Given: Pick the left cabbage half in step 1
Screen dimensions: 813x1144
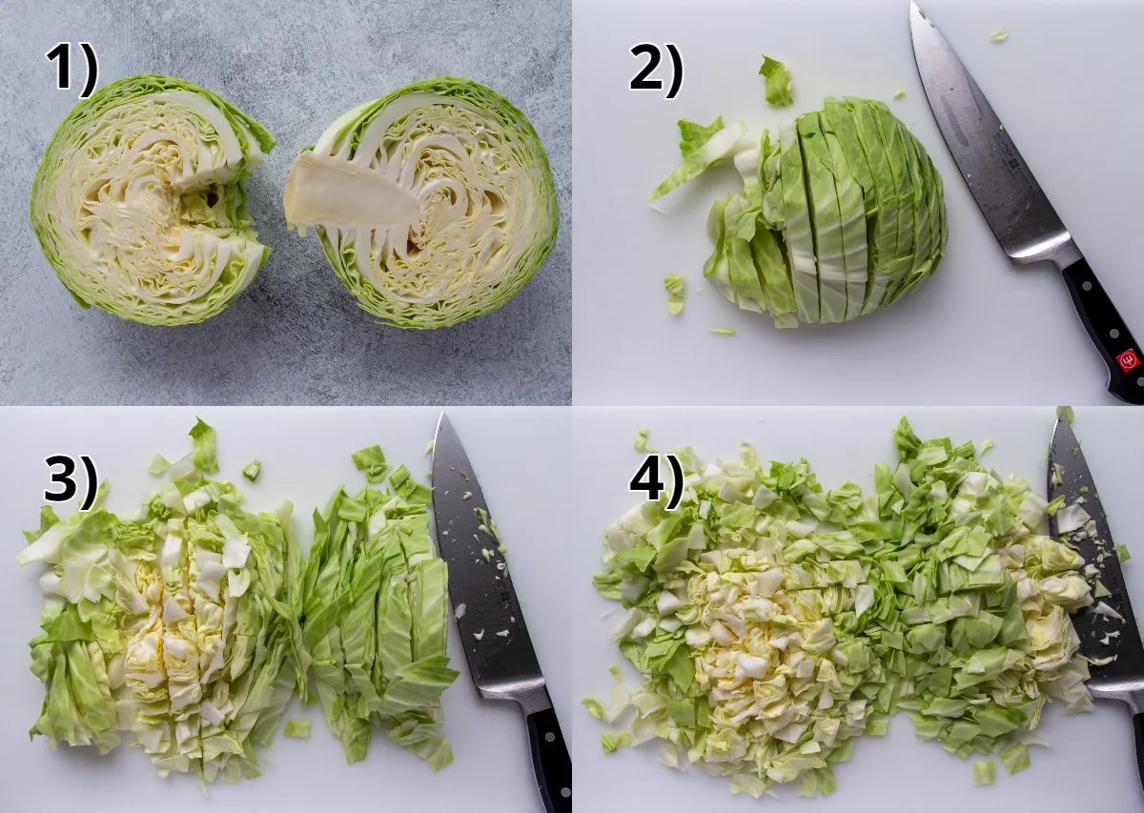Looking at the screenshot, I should coord(148,200).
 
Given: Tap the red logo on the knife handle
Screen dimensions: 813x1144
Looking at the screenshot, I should coord(1127,359).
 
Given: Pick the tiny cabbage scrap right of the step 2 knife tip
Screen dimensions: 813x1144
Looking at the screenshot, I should coord(998,35).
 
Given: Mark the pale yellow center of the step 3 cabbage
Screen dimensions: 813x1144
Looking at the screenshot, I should coord(181,610).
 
